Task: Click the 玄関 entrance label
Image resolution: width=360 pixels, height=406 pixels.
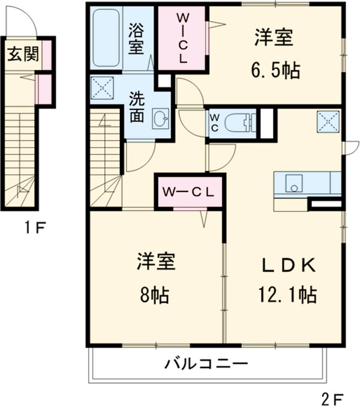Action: [23, 55]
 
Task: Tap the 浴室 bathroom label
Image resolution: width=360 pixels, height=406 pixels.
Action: [137, 37]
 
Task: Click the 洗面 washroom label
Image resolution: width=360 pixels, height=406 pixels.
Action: [137, 107]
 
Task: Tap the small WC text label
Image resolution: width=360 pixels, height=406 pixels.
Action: [214, 123]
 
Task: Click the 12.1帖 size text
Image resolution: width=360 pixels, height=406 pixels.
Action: [288, 295]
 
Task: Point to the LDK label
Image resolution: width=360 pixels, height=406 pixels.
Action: [287, 265]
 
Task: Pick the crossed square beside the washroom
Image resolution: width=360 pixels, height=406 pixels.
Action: [103, 88]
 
